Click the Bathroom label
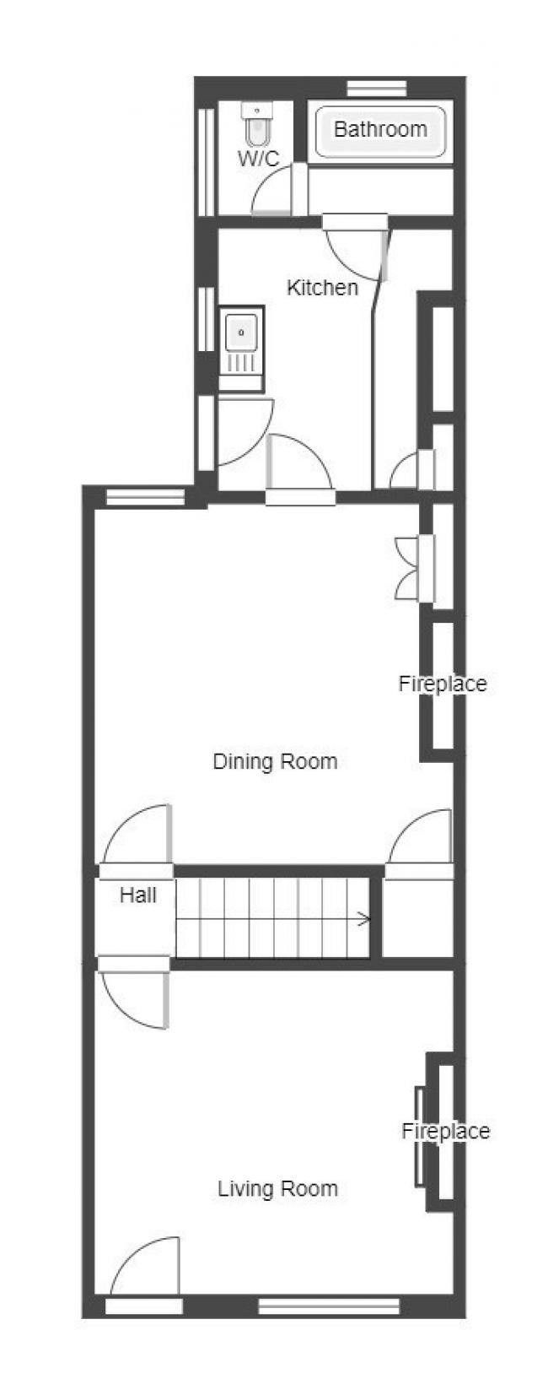pos(379,129)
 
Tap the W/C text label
pos(258,159)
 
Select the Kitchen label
pos(322,288)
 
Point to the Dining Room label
pos(275,762)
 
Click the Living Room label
pos(277,1189)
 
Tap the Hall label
pos(138,895)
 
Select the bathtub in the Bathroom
pos(380,132)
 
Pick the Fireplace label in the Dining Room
pos(443,684)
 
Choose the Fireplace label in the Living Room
pos(445,1131)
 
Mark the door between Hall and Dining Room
pos(137,838)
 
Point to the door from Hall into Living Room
pos(134,994)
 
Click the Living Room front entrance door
pos(145,1270)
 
